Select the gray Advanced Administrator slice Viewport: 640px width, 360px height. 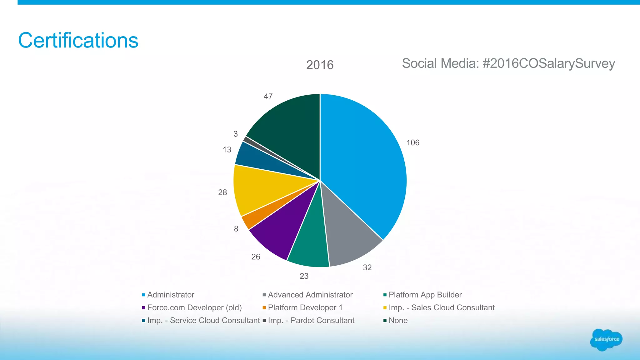pyautogui.click(x=347, y=234)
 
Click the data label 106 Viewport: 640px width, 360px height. pyautogui.click(x=413, y=143)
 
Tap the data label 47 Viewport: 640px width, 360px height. pyautogui.click(x=268, y=97)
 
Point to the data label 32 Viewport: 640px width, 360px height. pyautogui.click(x=367, y=267)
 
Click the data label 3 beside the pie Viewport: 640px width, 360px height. pyautogui.click(x=236, y=134)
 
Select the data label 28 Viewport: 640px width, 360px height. pyautogui.click(x=222, y=192)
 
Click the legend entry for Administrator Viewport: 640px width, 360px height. pyautogui.click(x=171, y=295)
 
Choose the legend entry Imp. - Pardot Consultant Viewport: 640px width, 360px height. pyautogui.click(x=311, y=320)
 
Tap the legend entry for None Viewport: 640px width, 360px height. pyautogui.click(x=398, y=320)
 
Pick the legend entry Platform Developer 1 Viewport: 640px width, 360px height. pyautogui.click(x=305, y=307)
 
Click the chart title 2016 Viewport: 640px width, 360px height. pyautogui.click(x=320, y=65)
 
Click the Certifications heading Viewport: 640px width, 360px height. pyautogui.click(x=78, y=40)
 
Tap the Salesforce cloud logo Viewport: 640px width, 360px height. pyautogui.click(x=606, y=339)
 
